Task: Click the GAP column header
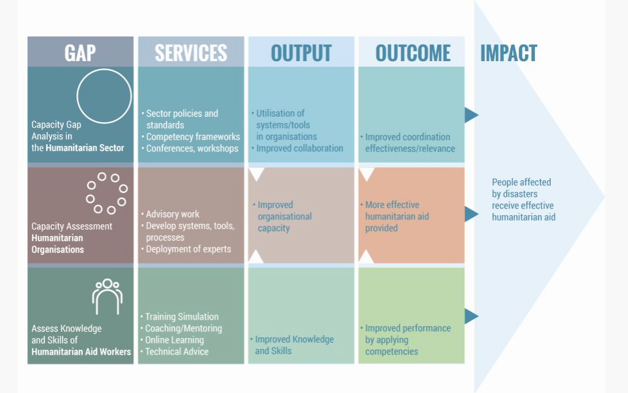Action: [80, 53]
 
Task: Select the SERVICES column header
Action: [191, 53]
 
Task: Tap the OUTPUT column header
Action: [301, 53]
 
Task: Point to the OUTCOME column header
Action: [412, 53]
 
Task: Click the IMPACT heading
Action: [508, 53]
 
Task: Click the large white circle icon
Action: [104, 96]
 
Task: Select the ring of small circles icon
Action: [107, 193]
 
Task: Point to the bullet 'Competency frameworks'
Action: [192, 137]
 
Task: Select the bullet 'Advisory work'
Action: [172, 214]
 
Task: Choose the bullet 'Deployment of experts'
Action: [188, 249]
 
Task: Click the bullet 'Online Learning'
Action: [174, 340]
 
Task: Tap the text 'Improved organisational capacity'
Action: [284, 217]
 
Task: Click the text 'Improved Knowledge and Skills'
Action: [294, 345]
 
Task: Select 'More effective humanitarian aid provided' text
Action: [397, 217]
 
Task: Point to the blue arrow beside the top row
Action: [471, 115]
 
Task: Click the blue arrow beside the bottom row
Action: [471, 316]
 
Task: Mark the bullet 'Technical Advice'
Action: [176, 352]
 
